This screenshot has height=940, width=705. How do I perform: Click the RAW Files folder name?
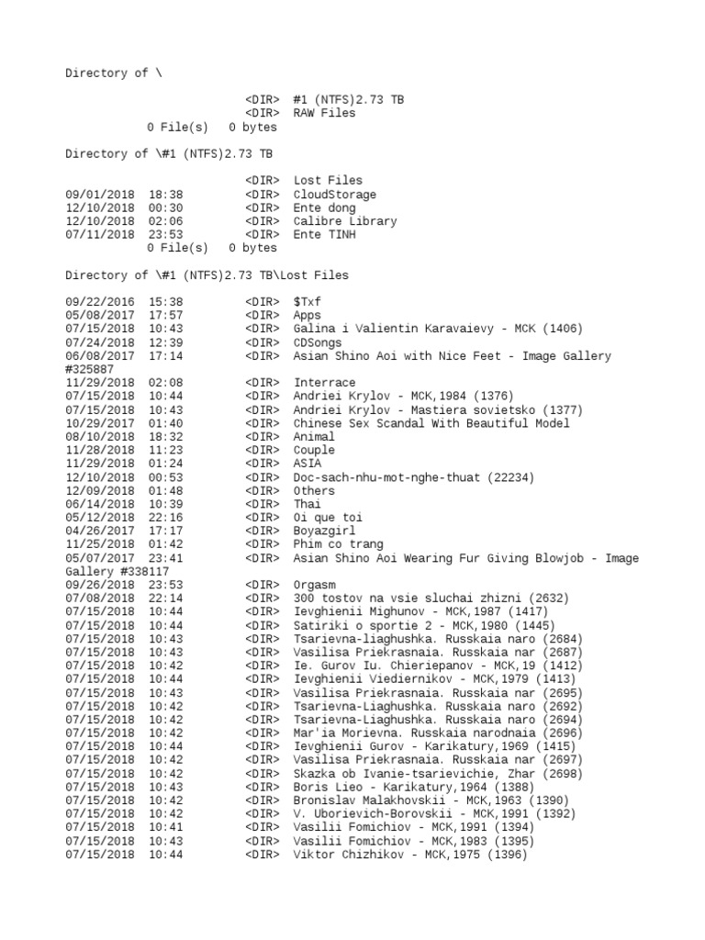point(324,113)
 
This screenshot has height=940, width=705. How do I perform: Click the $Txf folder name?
point(304,302)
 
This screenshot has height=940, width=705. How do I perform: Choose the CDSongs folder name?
point(317,342)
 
